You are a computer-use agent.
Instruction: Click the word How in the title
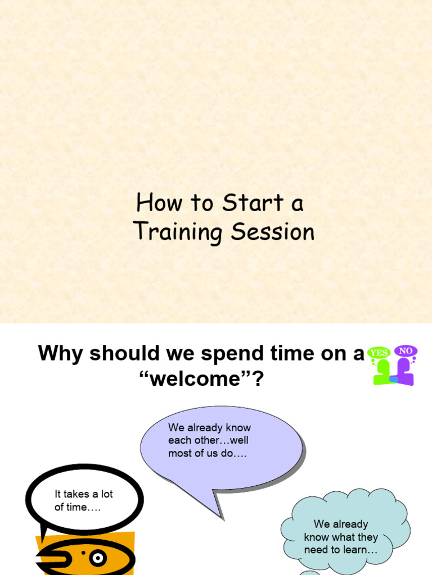coord(159,203)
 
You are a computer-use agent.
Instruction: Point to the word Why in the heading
coord(60,354)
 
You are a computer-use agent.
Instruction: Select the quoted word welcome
coord(201,379)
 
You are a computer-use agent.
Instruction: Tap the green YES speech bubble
coord(379,353)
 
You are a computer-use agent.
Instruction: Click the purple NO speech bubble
coord(406,351)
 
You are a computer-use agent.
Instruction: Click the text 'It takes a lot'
coord(84,494)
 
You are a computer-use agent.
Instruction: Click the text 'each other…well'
coord(208,441)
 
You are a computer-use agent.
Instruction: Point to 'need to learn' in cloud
coord(341,550)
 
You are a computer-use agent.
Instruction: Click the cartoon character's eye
coord(98,558)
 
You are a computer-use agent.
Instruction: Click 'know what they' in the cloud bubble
coord(341,537)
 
